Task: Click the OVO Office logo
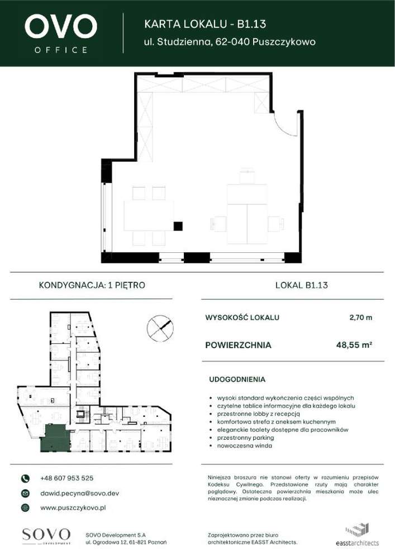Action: pyautogui.click(x=60, y=33)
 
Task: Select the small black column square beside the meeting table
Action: pyautogui.click(x=178, y=226)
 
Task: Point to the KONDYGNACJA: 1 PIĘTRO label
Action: pyautogui.click(x=92, y=285)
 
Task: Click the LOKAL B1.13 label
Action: pyautogui.click(x=301, y=285)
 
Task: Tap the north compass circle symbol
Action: pyautogui.click(x=160, y=327)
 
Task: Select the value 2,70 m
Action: pyautogui.click(x=360, y=318)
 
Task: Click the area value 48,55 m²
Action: pyautogui.click(x=354, y=345)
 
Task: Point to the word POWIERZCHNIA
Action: pyautogui.click(x=239, y=345)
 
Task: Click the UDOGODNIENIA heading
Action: pyautogui.click(x=237, y=379)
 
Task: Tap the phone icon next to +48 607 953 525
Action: pyautogui.click(x=25, y=478)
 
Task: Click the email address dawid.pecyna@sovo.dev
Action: pyautogui.click(x=79, y=493)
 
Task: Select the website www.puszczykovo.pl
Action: pyautogui.click(x=73, y=508)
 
